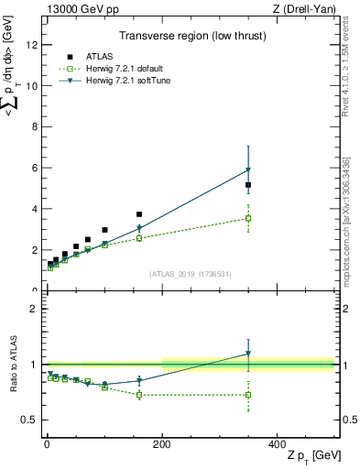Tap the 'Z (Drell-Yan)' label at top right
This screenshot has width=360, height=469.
pyautogui.click(x=303, y=8)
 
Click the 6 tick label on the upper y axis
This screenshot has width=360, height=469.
pyautogui.click(x=34, y=168)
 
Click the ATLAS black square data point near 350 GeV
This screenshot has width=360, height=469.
pyautogui.click(x=248, y=185)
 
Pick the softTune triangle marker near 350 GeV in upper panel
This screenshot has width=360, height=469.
pyautogui.click(x=248, y=170)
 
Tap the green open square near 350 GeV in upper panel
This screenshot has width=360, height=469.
pyautogui.click(x=248, y=218)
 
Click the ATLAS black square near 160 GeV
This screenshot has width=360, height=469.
pyautogui.click(x=139, y=214)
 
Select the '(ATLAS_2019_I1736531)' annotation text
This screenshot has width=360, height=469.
pyautogui.click(x=190, y=274)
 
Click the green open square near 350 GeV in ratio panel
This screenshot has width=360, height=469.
pyautogui.click(x=248, y=395)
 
